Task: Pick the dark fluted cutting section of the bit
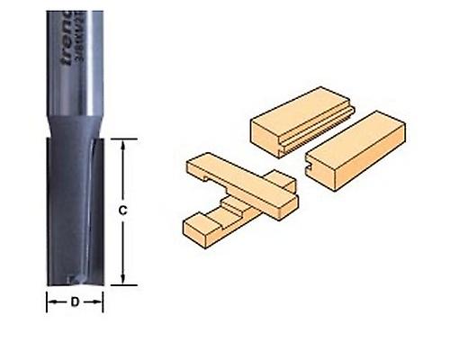(72, 207)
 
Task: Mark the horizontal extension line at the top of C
(121, 139)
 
